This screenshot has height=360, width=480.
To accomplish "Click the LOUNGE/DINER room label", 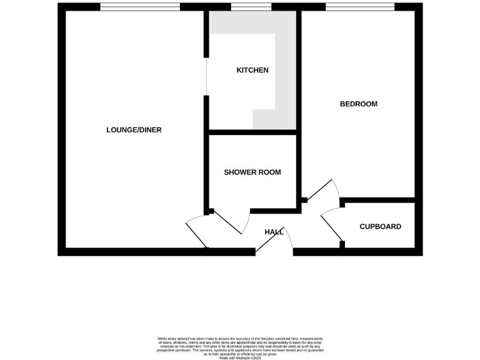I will point(134,130).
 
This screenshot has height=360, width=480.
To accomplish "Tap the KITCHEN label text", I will point(252,70).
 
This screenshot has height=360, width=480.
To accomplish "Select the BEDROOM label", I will point(358,104).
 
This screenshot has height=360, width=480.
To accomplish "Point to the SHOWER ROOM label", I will point(252,172).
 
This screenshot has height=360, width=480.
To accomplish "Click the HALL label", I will point(274,232).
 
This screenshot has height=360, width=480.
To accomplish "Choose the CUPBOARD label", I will point(380,226).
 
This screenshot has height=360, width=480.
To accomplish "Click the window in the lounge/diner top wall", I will point(140,7).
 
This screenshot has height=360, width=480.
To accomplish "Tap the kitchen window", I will point(251,7).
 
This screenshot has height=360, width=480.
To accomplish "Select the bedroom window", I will point(359,7).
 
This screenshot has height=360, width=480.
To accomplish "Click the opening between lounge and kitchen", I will point(206,77).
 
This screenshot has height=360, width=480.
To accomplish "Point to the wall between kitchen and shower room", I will point(252,132).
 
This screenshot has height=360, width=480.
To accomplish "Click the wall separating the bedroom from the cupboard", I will point(377,200).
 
